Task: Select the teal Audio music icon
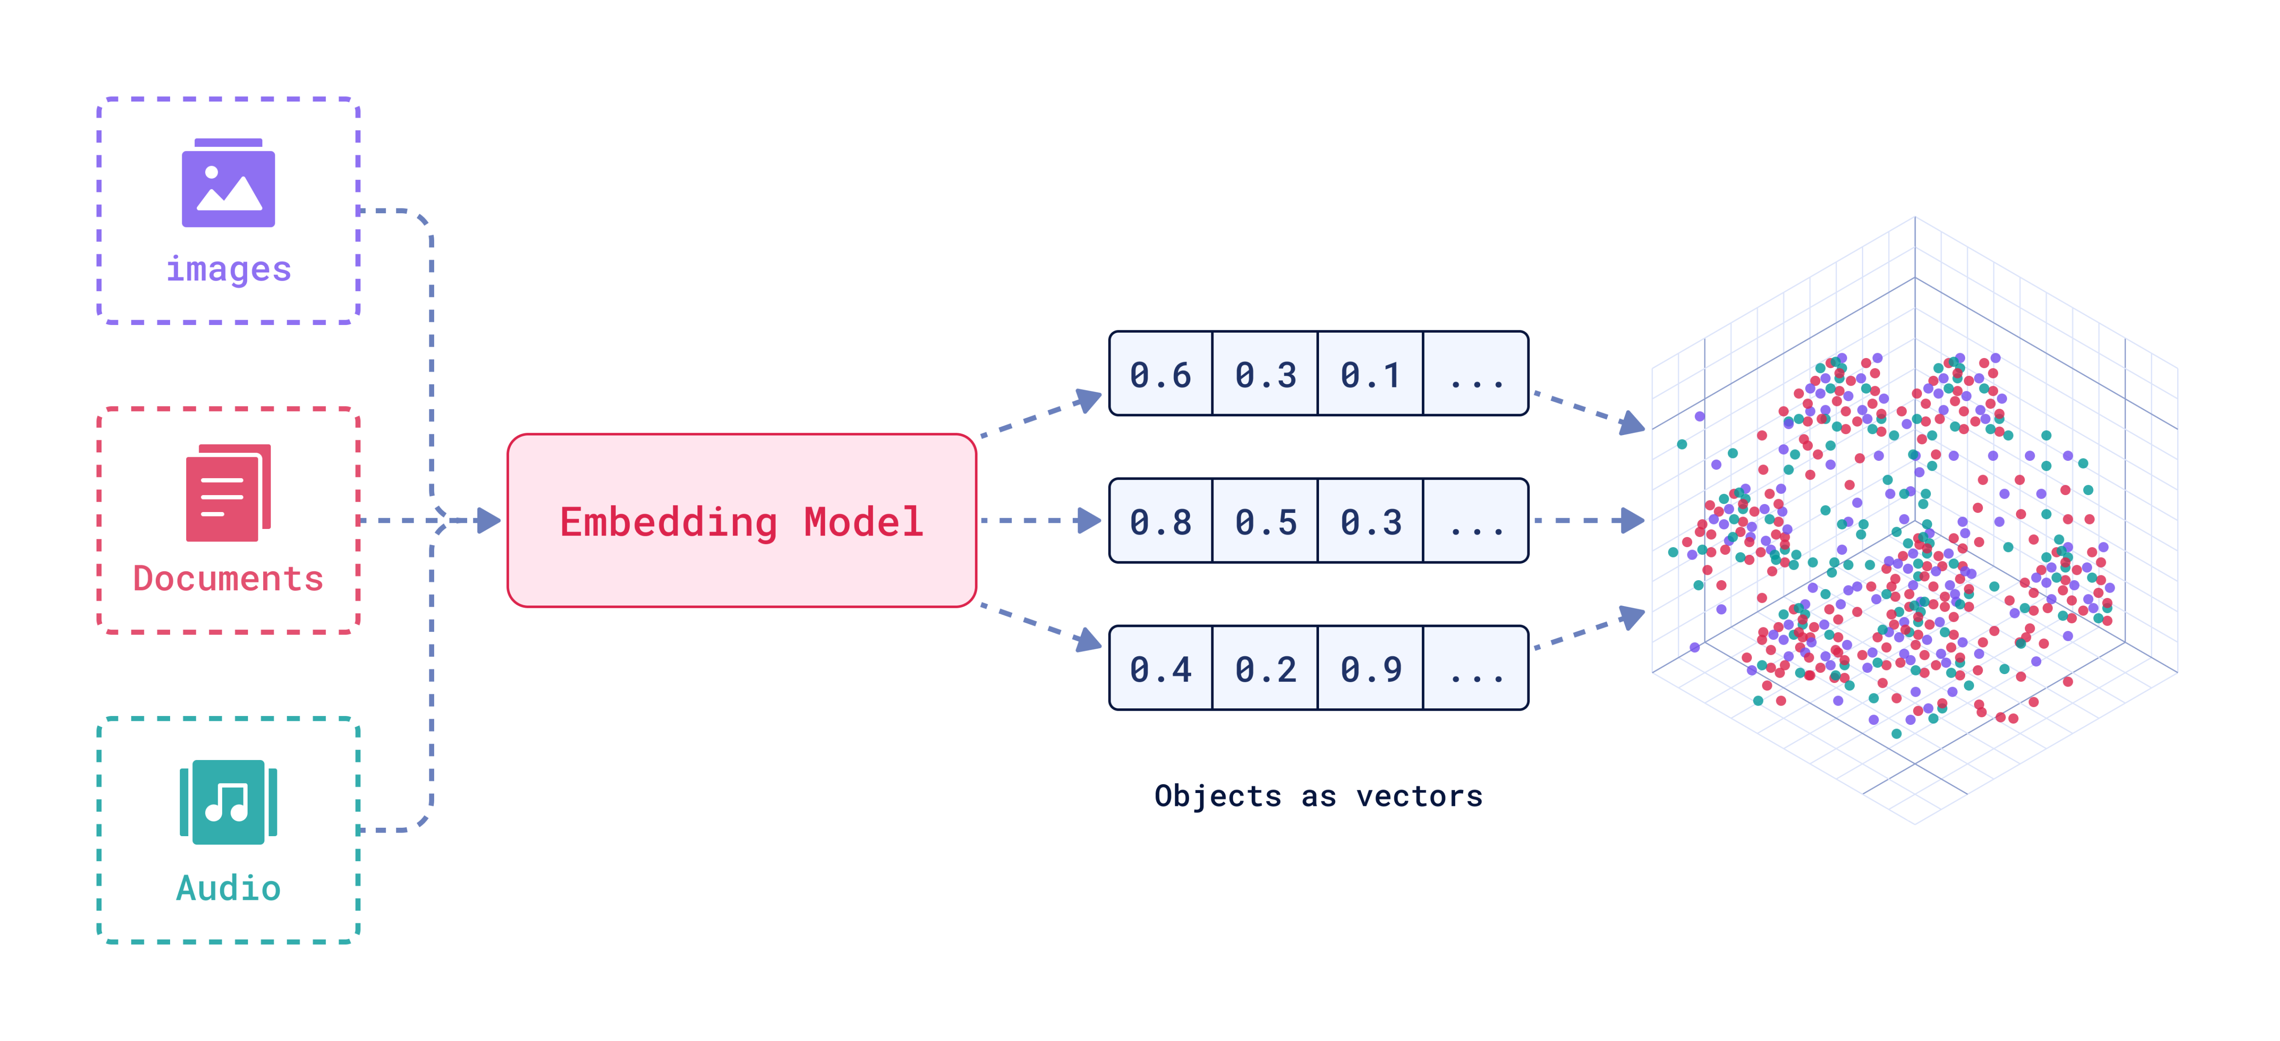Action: [x=228, y=802]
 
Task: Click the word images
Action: [x=228, y=269]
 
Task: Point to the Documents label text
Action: [x=228, y=579]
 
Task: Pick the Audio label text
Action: [x=228, y=888]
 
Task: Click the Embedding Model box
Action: [x=742, y=520]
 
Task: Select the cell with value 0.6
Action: [x=1160, y=374]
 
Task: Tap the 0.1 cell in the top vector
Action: [x=1370, y=374]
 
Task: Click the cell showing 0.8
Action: [x=1160, y=521]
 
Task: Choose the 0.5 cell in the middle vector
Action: [x=1266, y=521]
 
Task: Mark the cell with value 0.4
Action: [x=1160, y=668]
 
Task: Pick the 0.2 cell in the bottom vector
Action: [x=1266, y=668]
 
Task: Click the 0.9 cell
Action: [x=1370, y=668]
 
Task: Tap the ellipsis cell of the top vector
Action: [x=1475, y=374]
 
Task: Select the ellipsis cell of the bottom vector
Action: [x=1475, y=668]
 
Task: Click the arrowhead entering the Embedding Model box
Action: [x=488, y=520]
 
